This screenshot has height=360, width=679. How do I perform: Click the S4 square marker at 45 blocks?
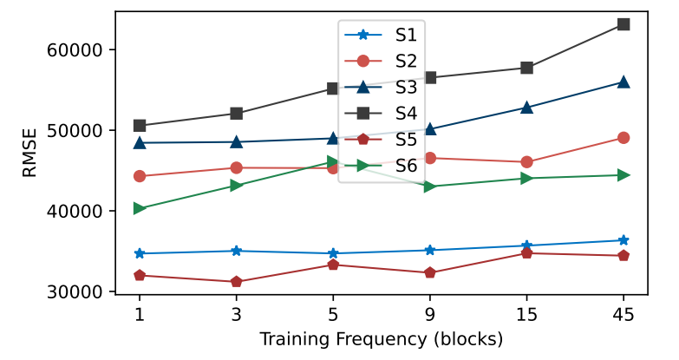pyautogui.click(x=623, y=24)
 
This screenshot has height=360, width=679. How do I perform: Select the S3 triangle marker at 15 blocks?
pyautogui.click(x=526, y=108)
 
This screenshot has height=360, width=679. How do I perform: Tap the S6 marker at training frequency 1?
pyautogui.click(x=139, y=208)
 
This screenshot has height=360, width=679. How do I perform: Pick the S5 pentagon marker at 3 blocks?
pyautogui.click(x=236, y=282)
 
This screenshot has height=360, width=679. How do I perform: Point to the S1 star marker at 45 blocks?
pyautogui.click(x=623, y=240)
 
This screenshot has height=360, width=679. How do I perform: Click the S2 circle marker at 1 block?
pyautogui.click(x=139, y=176)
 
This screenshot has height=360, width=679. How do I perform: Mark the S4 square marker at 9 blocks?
pyautogui.click(x=429, y=77)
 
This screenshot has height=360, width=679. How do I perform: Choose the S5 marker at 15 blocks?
pyautogui.click(x=526, y=252)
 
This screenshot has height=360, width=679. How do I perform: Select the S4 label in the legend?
pyautogui.click(x=406, y=113)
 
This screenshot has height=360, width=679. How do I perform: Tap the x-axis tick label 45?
pyautogui.click(x=623, y=312)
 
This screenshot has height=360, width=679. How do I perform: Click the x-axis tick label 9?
pyautogui.click(x=429, y=312)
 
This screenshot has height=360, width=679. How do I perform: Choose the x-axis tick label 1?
pyautogui.click(x=139, y=312)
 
